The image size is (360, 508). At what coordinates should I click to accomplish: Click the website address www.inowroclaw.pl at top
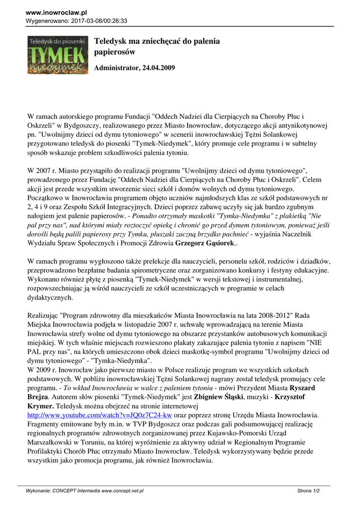tap(56, 12)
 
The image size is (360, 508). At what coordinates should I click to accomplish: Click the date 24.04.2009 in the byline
tap(158, 68)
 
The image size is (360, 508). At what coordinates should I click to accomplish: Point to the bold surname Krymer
tap(41, 405)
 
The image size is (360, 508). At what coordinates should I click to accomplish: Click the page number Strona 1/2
tap(308, 491)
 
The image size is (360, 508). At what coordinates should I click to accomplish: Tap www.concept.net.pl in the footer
tap(123, 491)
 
